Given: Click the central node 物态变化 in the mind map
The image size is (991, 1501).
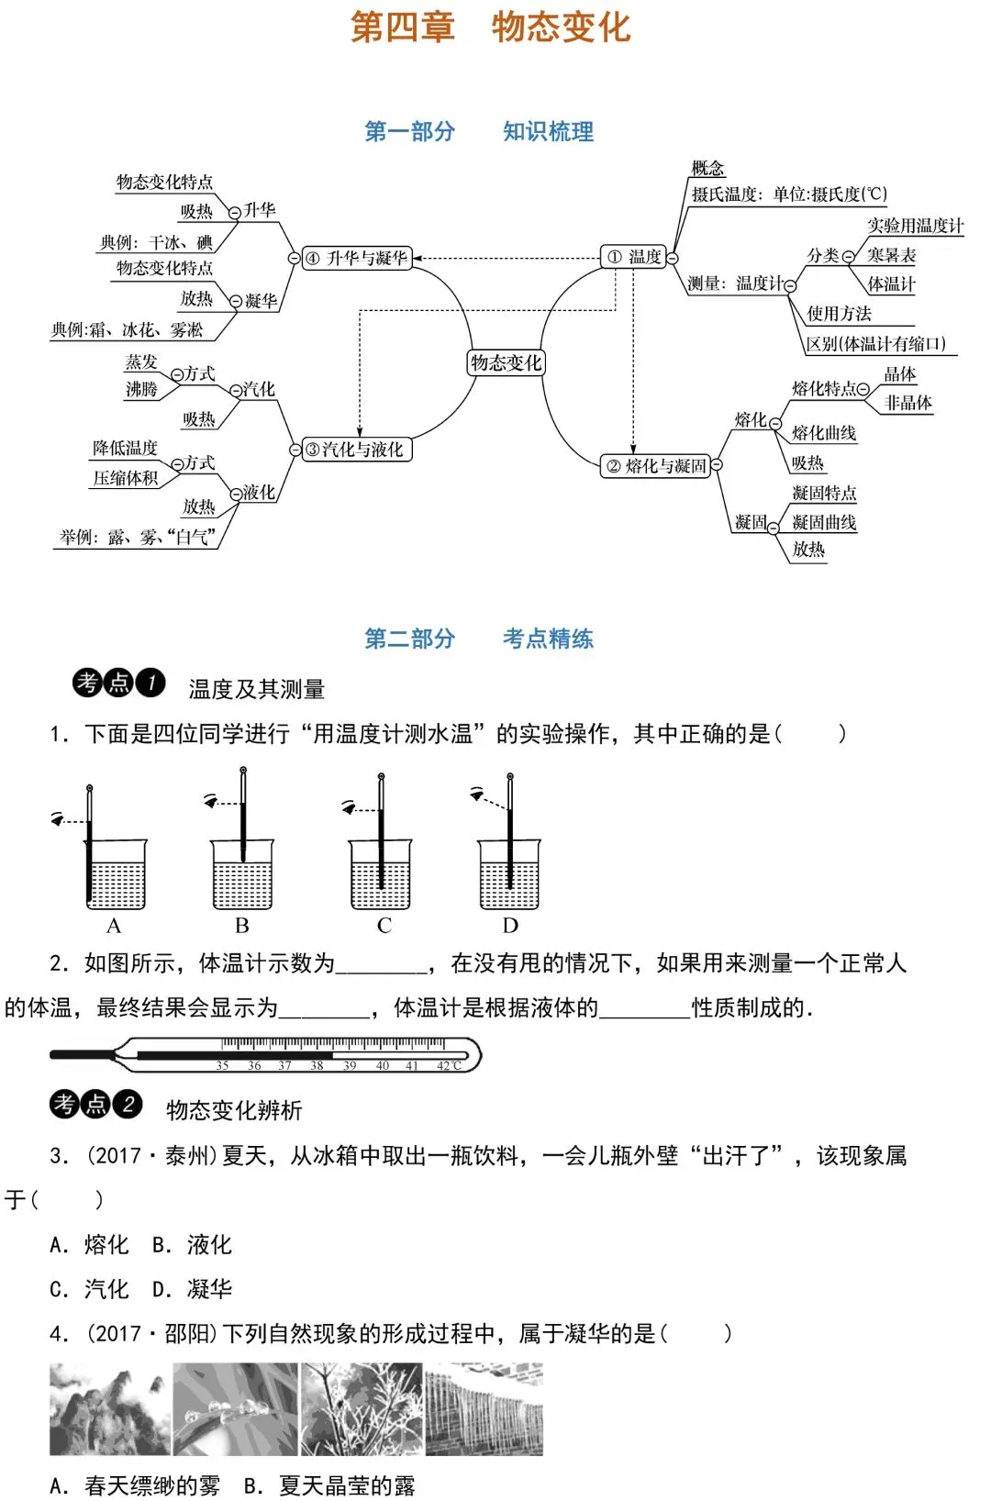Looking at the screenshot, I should [x=506, y=362].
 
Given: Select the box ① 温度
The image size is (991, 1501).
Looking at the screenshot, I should [x=634, y=257].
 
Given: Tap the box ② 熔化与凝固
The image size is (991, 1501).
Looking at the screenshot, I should [x=656, y=466].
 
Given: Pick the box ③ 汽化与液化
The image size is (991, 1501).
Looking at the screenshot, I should [x=356, y=450].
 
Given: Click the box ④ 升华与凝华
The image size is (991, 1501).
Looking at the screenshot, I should [x=356, y=258].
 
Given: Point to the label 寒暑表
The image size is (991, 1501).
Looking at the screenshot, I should [x=891, y=255].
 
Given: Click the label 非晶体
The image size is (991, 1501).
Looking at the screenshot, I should [x=907, y=403].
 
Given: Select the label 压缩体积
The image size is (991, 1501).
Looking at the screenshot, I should [x=125, y=478].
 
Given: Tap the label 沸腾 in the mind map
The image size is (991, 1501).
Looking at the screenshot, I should [x=141, y=389].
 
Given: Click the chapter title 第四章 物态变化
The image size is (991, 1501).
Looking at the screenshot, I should [x=491, y=27].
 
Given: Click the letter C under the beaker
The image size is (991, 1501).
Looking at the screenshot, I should [x=384, y=926].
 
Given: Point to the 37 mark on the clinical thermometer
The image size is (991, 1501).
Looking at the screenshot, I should [x=284, y=1065].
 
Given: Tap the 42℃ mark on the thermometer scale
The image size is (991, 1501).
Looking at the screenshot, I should [x=449, y=1065].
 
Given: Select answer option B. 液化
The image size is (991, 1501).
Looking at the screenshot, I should [x=192, y=1245].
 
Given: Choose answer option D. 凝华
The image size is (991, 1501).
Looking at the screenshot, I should [x=192, y=1289].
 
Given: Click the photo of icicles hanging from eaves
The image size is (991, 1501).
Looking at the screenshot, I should [x=484, y=1408].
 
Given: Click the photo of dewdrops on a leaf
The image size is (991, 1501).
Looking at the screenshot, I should [x=235, y=1408].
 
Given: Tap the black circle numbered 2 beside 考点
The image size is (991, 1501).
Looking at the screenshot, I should [x=128, y=1104].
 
